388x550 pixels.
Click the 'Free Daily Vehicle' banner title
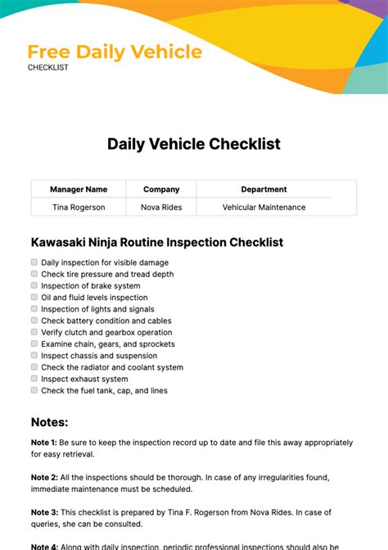[x=115, y=52]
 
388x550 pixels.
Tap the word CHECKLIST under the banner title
[x=48, y=68]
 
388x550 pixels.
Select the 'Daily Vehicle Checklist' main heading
[x=194, y=144]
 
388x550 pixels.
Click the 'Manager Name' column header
[x=79, y=189]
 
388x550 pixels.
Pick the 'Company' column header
[x=161, y=189]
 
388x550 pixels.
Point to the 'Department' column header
[x=264, y=189]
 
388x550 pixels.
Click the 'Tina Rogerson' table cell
[x=79, y=207]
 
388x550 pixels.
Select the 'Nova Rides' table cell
[x=161, y=207]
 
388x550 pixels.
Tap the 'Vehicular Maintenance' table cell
[x=264, y=207]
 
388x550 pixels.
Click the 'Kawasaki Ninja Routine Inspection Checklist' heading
[x=157, y=243]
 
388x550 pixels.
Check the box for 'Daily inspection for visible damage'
[x=34, y=262]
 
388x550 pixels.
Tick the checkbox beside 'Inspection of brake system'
[x=34, y=285]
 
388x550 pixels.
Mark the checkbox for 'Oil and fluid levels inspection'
[x=34, y=298]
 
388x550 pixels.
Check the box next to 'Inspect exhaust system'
[x=34, y=379]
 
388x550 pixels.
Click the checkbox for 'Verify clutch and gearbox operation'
[x=34, y=332]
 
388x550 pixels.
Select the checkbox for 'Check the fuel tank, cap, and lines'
[x=34, y=390]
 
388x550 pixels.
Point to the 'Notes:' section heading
[x=50, y=422]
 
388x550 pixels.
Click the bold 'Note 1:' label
[x=44, y=442]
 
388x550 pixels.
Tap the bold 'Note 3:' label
[x=44, y=512]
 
